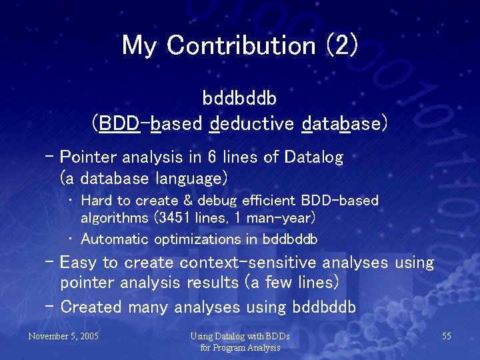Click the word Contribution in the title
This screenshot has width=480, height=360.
click(x=241, y=45)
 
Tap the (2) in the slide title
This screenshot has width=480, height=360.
click(x=341, y=45)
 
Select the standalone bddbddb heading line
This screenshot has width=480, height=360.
click(x=239, y=99)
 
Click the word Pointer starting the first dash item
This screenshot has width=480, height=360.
click(x=87, y=158)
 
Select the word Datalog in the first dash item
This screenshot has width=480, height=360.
click(x=313, y=158)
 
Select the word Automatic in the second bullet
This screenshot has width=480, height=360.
click(x=115, y=239)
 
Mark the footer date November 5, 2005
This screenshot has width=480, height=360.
click(x=63, y=336)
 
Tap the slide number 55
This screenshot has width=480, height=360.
click(x=447, y=336)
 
